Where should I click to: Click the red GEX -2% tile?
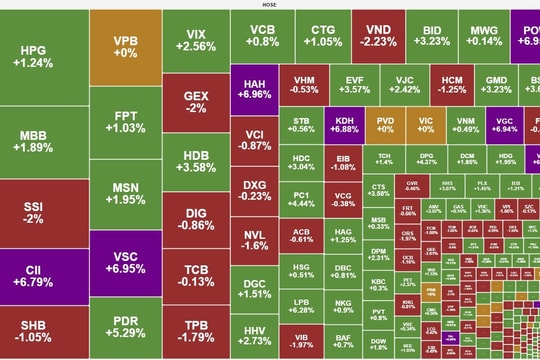(x=196, y=101)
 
